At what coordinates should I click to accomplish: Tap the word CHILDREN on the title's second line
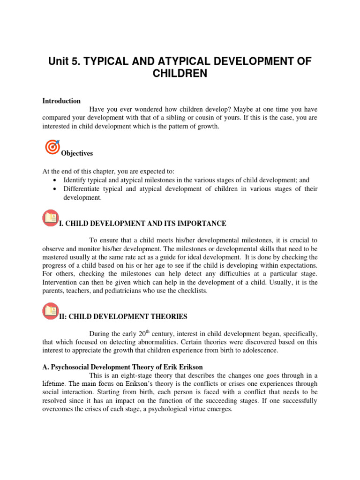180,75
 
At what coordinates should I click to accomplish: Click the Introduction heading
61,101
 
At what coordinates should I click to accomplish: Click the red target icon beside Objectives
52,147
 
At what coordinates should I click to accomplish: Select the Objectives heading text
77,154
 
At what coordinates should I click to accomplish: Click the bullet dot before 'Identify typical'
56,180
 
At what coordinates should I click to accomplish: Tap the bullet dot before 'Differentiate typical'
56,189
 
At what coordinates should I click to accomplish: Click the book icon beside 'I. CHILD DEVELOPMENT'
50,218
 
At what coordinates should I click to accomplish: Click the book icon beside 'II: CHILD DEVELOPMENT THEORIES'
50,311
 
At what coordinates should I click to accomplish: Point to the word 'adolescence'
261,351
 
